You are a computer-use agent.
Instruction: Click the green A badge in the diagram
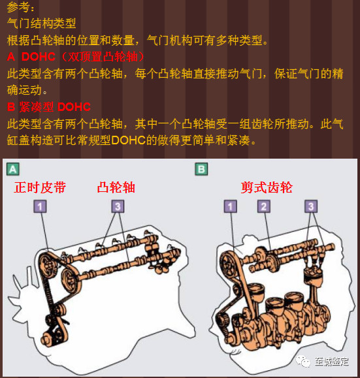13,169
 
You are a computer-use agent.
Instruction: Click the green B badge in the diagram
201,169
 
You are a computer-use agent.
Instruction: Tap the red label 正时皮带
40,187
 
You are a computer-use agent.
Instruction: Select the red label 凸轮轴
116,187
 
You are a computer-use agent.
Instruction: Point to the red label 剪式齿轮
267,187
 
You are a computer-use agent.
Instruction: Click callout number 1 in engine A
40,206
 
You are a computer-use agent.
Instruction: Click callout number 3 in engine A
118,206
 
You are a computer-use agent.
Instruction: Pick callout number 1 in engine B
231,206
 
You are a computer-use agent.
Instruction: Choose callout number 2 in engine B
264,206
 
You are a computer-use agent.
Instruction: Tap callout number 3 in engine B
311,206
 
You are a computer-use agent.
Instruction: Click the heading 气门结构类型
42,24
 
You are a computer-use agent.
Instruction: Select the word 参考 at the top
18,7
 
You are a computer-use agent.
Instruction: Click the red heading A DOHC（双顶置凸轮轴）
76,57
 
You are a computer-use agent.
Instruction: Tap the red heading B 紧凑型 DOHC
49,107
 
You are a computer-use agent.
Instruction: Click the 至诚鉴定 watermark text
331,362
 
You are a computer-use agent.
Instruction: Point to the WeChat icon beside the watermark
303,362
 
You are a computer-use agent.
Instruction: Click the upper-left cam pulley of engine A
48,264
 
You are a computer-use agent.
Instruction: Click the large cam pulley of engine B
229,264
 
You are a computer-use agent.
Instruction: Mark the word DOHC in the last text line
128,140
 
